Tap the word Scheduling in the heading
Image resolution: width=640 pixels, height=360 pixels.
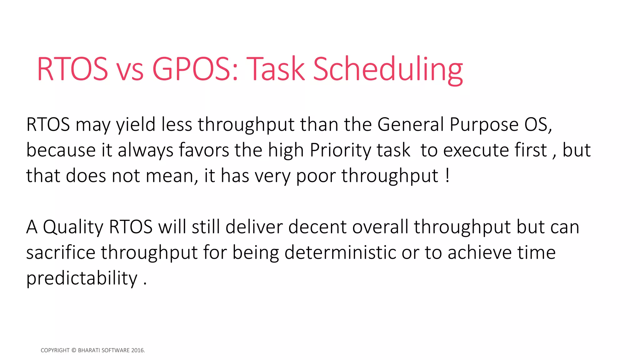pyautogui.click(x=387, y=69)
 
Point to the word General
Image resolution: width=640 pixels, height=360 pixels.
pyautogui.click(x=410, y=125)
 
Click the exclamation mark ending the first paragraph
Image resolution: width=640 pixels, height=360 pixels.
pyautogui.click(x=448, y=176)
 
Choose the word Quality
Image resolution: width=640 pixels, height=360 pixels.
pyautogui.click(x=73, y=227)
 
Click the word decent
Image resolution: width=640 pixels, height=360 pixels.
pyautogui.click(x=317, y=227)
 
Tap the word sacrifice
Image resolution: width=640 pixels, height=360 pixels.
pyautogui.click(x=61, y=252)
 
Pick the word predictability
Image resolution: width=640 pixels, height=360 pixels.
pyautogui.click(x=82, y=278)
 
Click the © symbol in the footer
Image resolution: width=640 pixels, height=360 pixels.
pyautogui.click(x=74, y=350)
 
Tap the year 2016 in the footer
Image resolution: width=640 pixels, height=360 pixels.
pyautogui.click(x=137, y=350)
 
